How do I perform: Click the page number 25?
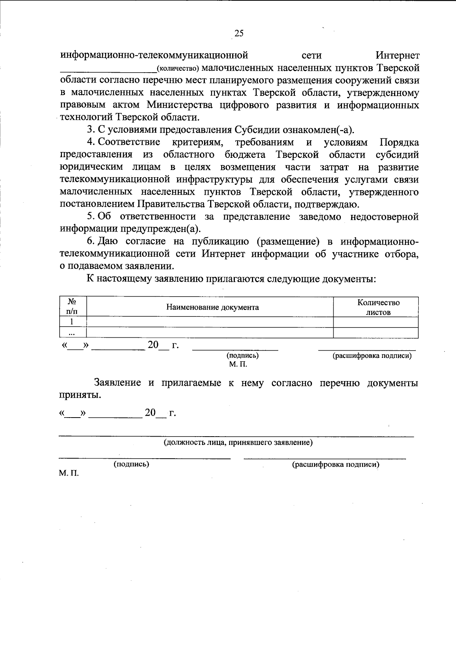239,33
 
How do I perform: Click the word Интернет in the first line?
397,56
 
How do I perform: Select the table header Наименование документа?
213,307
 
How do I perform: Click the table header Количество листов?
378,307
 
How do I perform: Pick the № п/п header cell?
72,307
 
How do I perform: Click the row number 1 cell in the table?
71,322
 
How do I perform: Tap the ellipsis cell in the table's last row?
71,333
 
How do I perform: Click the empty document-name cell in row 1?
210,322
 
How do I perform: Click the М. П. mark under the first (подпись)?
238,364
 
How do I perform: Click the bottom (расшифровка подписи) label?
336,464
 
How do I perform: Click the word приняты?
81,396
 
